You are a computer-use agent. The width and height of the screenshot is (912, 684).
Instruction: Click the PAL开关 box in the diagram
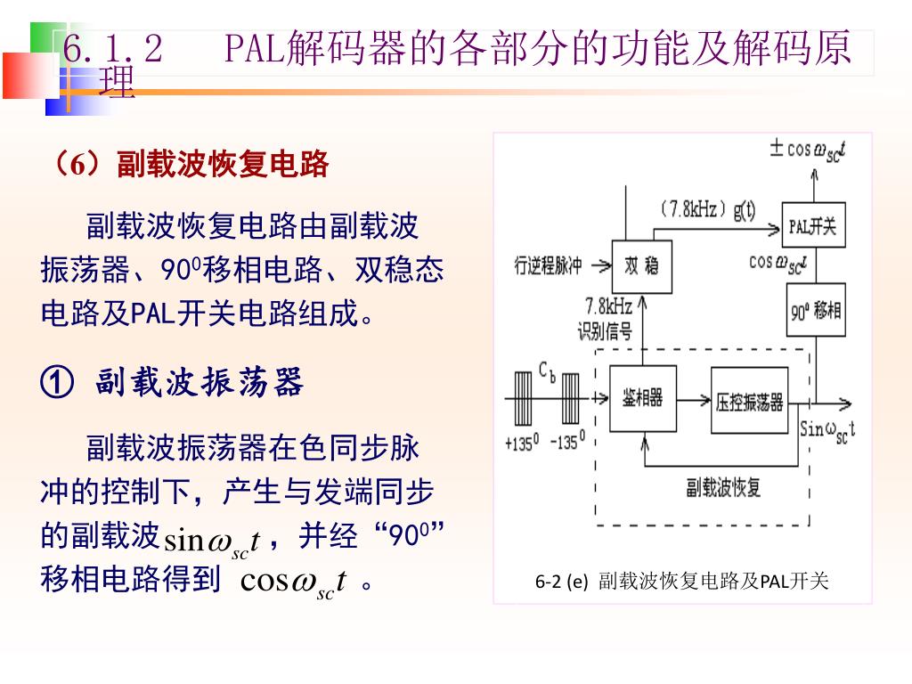[x=812, y=226]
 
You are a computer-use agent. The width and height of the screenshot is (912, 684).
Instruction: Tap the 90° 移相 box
[x=816, y=310]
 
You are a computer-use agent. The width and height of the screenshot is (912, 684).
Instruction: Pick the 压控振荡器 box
[x=749, y=402]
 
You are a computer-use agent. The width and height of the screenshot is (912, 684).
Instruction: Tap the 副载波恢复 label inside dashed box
[x=723, y=488]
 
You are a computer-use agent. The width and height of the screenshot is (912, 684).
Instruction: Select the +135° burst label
[x=522, y=442]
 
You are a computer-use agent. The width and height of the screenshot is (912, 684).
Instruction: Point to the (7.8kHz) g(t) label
[x=707, y=210]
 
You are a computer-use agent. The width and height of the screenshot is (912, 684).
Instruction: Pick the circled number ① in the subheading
[x=57, y=383]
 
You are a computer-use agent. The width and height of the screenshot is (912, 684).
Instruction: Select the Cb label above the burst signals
[x=547, y=370]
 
